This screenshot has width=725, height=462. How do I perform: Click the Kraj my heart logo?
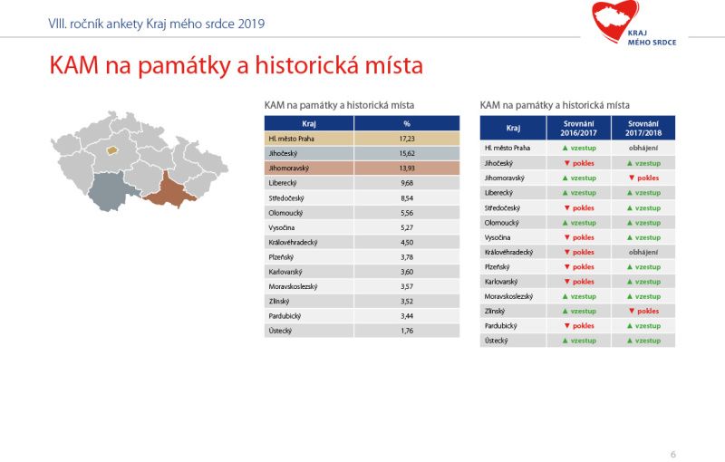coord(633,24)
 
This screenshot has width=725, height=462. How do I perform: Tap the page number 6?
coord(672,455)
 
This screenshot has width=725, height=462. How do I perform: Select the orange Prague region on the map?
coord(111,150)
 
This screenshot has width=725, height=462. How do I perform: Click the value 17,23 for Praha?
coord(407,139)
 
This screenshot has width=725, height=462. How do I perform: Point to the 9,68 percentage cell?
coord(407,183)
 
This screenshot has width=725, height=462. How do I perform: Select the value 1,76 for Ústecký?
coord(407,331)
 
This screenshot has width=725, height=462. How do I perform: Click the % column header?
coord(407,124)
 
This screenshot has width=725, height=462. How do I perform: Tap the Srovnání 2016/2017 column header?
coord(578,129)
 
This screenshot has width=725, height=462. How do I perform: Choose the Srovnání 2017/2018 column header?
coord(643,129)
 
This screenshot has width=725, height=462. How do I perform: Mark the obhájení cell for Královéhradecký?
coord(643,252)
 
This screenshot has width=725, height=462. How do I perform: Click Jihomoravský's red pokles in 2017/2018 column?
coord(643,178)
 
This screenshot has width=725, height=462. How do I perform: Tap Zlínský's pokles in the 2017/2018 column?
coord(643,311)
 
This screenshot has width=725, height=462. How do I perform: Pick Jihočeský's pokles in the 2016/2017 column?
coord(579,163)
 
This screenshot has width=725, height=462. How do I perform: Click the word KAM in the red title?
coord(74,65)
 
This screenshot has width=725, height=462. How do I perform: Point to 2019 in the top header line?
coord(251,24)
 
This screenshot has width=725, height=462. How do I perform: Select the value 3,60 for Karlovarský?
coord(407,272)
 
